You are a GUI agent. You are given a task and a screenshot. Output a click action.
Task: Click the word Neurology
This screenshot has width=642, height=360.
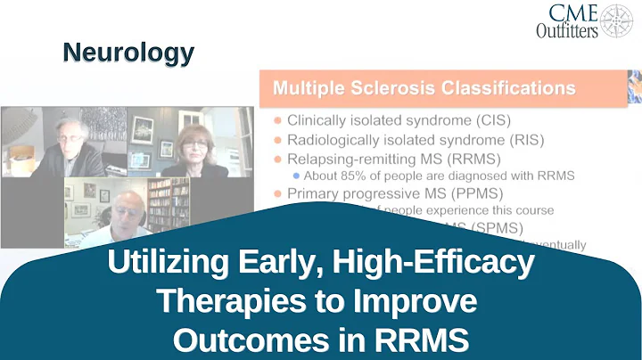pyautogui.click(x=128, y=53)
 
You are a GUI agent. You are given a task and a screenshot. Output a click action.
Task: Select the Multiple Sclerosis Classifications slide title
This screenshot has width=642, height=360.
pyautogui.click(x=424, y=88)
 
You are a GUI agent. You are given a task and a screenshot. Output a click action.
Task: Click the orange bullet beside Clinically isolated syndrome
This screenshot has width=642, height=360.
pyautogui.click(x=278, y=121)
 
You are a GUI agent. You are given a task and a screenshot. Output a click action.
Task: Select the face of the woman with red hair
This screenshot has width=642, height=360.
pyautogui.click(x=193, y=141)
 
